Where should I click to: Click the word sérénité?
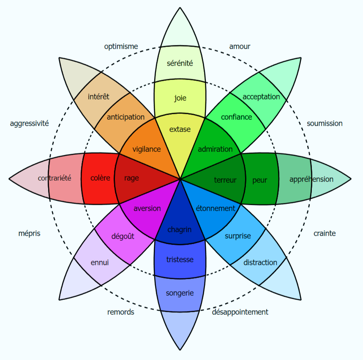pyautogui.click(x=180, y=63)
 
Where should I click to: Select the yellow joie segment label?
pyautogui.click(x=180, y=98)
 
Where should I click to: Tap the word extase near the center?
pyautogui.click(x=180, y=129)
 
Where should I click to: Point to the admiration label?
pyautogui.click(x=215, y=149)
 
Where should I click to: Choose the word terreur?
pyautogui.click(x=225, y=180)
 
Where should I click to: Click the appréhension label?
pyautogui.click(x=311, y=179)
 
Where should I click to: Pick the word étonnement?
pyautogui.click(x=216, y=208)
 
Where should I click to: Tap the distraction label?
pyautogui.click(x=260, y=262)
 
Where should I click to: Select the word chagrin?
pyautogui.click(x=180, y=230)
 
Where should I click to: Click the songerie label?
pyautogui.click(x=180, y=293)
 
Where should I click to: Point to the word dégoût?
pyautogui.click(x=123, y=236)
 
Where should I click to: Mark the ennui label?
pyautogui.click(x=100, y=262)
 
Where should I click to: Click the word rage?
pyautogui.click(x=131, y=178)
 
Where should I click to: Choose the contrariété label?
pyautogui.click(x=55, y=178)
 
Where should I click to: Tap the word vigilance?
pyautogui.click(x=147, y=149)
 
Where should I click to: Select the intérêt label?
pyautogui.click(x=98, y=96)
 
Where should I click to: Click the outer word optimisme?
pyautogui.click(x=121, y=47)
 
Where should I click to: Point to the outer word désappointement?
pyautogui.click(x=240, y=312)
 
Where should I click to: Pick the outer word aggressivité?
pyautogui.click(x=30, y=124)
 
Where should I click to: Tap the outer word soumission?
pyautogui.click(x=325, y=124)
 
